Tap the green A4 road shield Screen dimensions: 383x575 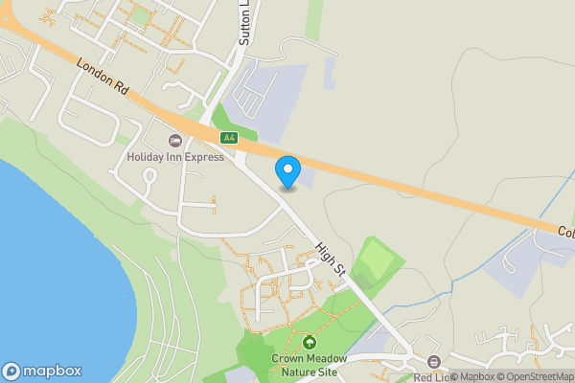coord(229,138)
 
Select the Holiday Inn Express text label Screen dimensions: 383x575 coord(175,157)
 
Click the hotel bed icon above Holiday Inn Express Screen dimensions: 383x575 coord(175,142)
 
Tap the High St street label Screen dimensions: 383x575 coord(329,259)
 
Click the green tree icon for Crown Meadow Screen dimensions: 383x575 coord(309,342)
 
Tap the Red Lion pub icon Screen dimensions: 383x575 coord(434,361)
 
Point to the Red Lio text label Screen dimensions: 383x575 coord(431,377)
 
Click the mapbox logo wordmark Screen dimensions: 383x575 coord(52,372)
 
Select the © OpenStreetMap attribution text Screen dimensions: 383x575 coord(537,376)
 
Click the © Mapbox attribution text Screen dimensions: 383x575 coord(472,376)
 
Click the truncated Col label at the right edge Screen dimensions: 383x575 coord(565,232)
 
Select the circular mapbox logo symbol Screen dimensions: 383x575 coord(11,372)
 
